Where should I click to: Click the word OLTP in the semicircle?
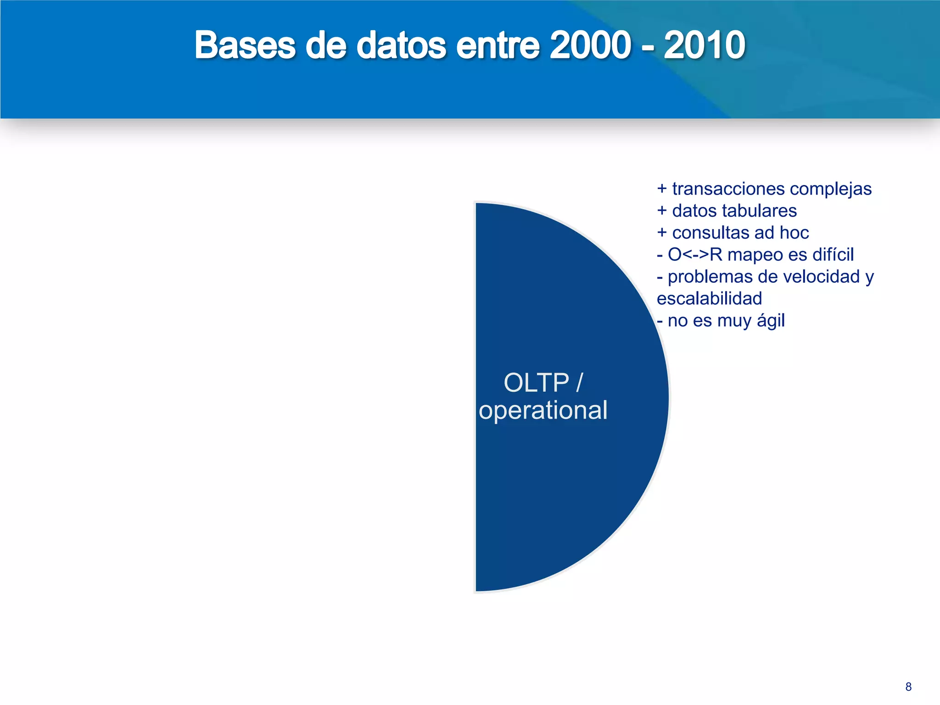[536, 383]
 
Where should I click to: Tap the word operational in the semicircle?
[543, 410]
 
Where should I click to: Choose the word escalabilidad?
[709, 299]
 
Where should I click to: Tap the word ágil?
[771, 321]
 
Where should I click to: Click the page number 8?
[908, 687]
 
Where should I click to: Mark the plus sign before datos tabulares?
[661, 211]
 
